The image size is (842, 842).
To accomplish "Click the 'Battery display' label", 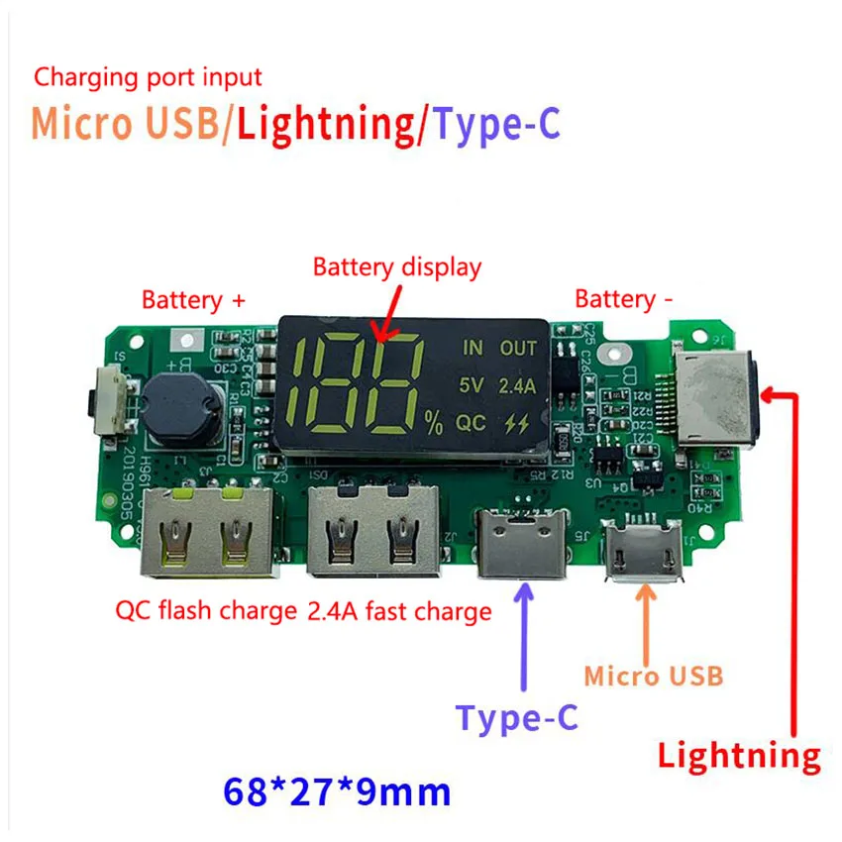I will point(396,266).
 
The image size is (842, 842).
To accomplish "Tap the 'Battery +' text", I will point(193,299).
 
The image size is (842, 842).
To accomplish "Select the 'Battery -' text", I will point(615,299).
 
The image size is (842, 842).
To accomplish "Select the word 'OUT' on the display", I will point(518,348).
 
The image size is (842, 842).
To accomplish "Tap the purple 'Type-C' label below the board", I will point(516,717).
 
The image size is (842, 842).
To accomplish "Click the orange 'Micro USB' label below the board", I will point(653,677).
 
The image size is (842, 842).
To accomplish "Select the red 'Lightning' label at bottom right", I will point(739,757).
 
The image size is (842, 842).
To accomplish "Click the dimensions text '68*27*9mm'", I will point(337,791).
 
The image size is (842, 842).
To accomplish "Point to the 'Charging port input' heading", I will point(149,76).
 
